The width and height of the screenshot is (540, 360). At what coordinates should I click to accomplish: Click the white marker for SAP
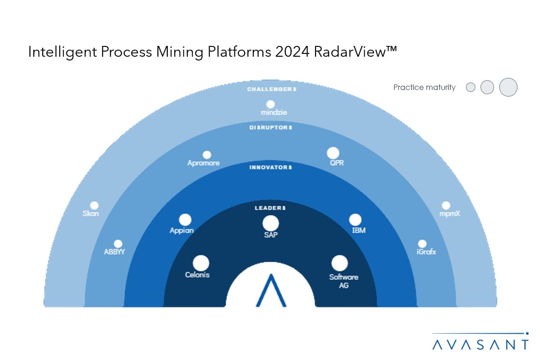click(270, 223)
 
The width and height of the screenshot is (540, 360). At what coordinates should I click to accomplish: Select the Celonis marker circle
click(201, 263)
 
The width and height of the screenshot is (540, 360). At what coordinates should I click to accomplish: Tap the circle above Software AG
click(339, 263)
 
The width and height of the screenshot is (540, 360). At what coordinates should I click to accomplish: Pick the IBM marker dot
click(355, 220)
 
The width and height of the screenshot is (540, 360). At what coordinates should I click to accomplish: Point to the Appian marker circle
click(185, 220)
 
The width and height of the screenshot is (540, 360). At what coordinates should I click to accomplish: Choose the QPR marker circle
click(333, 153)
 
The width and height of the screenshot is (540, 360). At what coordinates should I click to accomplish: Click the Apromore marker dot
click(207, 155)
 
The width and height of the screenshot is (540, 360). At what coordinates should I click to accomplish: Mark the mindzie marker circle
click(270, 105)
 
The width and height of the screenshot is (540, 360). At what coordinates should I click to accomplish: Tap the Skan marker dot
click(94, 205)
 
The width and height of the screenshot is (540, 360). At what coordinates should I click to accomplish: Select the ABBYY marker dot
click(118, 244)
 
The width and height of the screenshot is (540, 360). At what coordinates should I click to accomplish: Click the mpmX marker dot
click(446, 205)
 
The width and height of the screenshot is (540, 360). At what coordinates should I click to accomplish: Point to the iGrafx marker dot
click(422, 244)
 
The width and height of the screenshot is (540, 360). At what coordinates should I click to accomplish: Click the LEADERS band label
click(270, 208)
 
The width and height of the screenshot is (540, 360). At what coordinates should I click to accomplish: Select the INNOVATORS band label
click(270, 167)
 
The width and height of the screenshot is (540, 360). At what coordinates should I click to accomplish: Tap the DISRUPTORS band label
click(270, 127)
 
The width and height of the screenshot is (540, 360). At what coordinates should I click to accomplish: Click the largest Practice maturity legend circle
click(508, 87)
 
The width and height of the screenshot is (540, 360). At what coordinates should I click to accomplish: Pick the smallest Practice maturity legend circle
click(471, 87)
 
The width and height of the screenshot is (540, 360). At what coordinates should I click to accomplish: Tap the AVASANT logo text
click(480, 345)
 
